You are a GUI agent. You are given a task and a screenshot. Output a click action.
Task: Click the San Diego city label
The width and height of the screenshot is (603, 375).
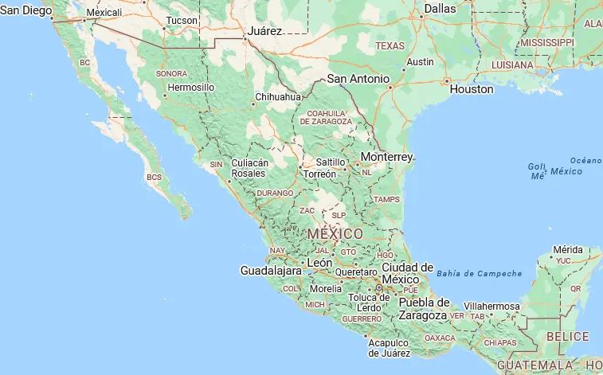[x=25, y=10]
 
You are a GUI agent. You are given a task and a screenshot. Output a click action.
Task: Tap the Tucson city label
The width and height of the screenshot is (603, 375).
[x=182, y=20]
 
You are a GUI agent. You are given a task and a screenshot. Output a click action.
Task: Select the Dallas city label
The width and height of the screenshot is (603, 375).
[x=440, y=9]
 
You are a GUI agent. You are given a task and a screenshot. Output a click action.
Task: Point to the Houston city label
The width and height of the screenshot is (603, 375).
[x=472, y=89]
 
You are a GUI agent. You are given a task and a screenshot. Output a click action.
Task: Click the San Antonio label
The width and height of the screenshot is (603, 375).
[x=358, y=79]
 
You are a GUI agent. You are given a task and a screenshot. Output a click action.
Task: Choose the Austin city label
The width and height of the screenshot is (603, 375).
[x=420, y=62]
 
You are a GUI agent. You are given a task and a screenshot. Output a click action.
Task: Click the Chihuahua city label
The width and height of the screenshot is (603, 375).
[x=277, y=97]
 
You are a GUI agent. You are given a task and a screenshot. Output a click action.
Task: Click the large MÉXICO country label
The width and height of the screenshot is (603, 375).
[x=335, y=234]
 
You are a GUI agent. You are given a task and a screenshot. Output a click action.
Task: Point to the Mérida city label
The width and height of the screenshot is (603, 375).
[x=567, y=249]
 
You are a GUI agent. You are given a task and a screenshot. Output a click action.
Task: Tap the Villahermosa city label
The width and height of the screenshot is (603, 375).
[x=492, y=306]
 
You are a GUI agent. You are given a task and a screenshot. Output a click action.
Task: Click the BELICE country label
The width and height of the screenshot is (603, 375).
[x=568, y=336]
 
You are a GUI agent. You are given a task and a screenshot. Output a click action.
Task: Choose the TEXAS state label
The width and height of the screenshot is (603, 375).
[x=390, y=46]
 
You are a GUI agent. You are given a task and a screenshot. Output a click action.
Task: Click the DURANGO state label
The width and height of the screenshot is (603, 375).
[x=275, y=193]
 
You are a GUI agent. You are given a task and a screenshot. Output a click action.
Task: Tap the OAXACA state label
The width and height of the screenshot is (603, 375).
[x=440, y=337]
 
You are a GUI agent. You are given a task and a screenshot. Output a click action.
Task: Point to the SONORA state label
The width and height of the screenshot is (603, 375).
[x=171, y=73]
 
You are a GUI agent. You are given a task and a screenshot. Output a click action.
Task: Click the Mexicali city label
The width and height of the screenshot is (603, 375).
[x=104, y=13]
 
